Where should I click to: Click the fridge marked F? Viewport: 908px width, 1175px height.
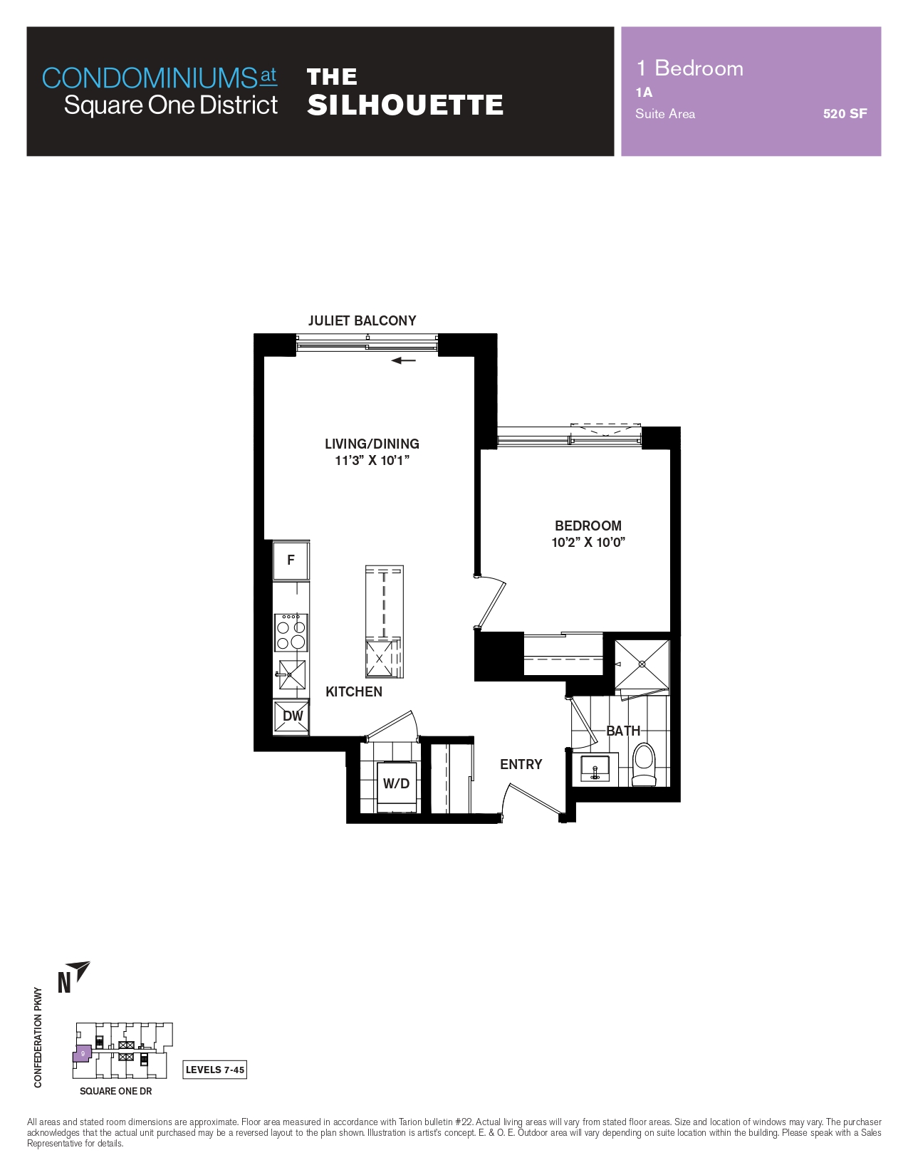coord(291,560)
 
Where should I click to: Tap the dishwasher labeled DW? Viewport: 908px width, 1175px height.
coord(292,716)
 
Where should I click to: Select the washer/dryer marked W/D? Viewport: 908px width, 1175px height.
coord(397,783)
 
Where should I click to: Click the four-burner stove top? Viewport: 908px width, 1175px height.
coord(291,632)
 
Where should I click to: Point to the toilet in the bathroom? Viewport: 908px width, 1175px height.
coord(644,764)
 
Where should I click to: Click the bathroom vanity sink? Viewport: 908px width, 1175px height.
coord(595,768)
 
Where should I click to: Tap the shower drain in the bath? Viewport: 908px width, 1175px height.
coord(642,664)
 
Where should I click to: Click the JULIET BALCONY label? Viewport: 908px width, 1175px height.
coord(362,320)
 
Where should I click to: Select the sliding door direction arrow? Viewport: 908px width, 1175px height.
coord(403,360)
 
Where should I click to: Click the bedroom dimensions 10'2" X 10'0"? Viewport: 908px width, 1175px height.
coord(588,543)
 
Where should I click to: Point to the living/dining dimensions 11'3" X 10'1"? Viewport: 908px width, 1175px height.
coord(372,461)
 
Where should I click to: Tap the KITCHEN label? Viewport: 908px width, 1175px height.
coord(354,691)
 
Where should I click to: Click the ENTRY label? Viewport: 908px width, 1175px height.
coord(521,764)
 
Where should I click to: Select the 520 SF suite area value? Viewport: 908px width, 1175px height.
coord(845,113)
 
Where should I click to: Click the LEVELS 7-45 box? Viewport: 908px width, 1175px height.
coord(214,1070)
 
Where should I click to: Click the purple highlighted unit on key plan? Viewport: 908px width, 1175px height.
coord(82,1054)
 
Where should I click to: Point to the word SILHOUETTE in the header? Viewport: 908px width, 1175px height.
coord(406,105)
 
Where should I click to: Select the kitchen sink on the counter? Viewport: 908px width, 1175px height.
coord(292,675)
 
